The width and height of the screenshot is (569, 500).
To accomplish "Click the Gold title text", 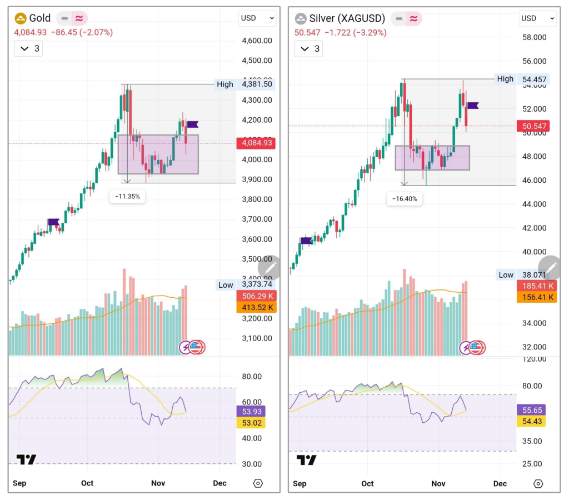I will coord(40,18).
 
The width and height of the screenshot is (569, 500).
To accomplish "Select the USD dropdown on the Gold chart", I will coord(257,18).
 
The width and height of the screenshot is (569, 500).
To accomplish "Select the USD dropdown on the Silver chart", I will coord(537,18).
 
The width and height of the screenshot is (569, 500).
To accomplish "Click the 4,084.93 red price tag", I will coord(256,143).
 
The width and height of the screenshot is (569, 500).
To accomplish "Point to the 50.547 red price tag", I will coord(536,126).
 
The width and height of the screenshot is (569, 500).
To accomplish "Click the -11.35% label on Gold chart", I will coord(127,196).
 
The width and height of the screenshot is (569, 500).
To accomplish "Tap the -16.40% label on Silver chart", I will coord(405,198).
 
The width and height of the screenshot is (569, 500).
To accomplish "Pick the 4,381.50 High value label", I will coord(256,84).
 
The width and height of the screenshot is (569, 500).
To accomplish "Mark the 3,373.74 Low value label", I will coord(256,285).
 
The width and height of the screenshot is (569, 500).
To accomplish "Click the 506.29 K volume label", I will coord(256,296).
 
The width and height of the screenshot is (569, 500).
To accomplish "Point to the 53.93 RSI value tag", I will coord(251,411).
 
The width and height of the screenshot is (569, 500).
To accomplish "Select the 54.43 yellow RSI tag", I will coord(530,422).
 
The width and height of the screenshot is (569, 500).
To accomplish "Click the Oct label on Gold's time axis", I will coord(87,483).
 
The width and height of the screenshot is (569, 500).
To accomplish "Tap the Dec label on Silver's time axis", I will coord(500,483).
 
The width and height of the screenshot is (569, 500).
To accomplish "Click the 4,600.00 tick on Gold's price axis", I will coord(257,41).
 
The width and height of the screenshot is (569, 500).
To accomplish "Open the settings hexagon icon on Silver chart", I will coord(538,483).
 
